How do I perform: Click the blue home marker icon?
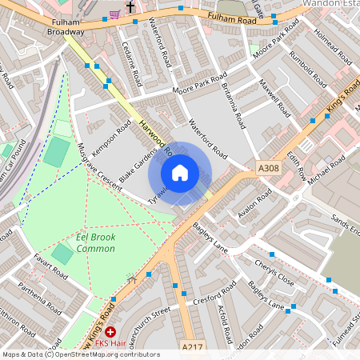click(x=180, y=172)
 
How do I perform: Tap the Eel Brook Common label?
click(x=95, y=243)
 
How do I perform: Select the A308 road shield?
click(x=269, y=168)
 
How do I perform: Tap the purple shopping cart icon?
click(x=115, y=13)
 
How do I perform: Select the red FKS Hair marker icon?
click(x=110, y=331)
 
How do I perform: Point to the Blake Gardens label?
click(x=138, y=162)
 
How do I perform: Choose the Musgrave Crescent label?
click(x=100, y=167)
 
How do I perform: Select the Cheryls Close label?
click(x=274, y=272)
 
